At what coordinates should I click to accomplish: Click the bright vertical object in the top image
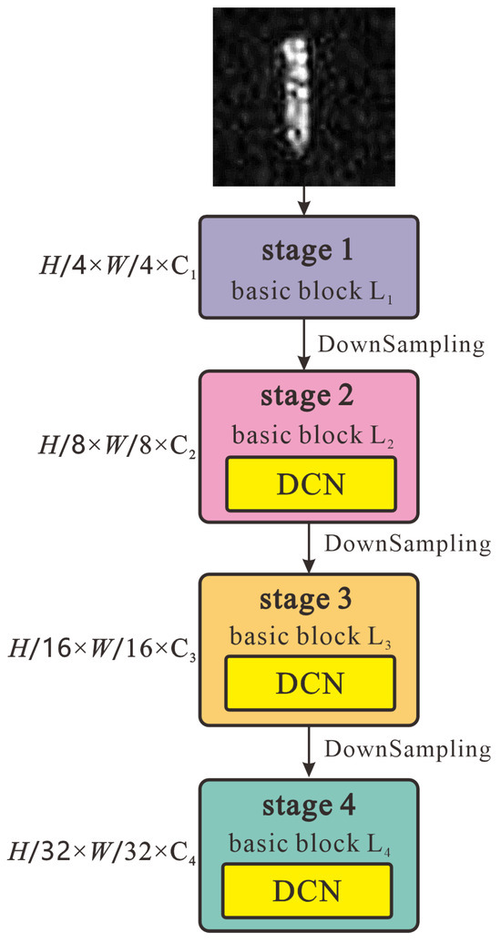click(295, 91)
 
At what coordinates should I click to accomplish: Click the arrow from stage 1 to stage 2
click(308, 346)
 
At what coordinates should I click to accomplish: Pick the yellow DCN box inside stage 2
click(312, 484)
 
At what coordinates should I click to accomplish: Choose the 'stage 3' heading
click(307, 600)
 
